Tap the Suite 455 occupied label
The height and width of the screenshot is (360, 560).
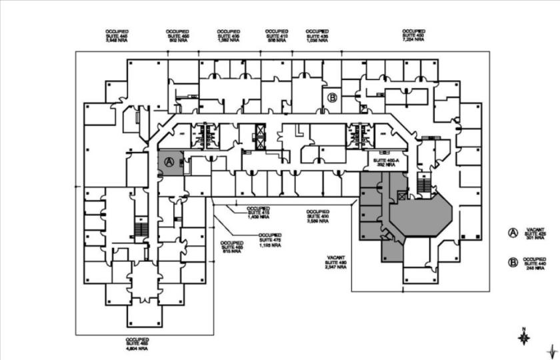177,36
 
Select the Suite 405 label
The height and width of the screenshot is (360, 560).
229,36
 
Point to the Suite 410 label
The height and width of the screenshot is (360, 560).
276,36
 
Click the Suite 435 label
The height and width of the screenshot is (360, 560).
317,36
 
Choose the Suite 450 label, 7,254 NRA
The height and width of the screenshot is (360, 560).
414,36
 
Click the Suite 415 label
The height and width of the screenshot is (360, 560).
258,212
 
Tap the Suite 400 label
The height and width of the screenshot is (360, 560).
317,217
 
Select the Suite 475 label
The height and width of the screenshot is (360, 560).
270,239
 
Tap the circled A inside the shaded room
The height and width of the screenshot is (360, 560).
169,162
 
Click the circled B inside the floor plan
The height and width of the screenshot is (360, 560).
332,97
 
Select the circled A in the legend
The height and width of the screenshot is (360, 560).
513,233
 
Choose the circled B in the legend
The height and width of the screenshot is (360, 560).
513,263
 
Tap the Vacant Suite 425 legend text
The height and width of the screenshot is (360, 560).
535,233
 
